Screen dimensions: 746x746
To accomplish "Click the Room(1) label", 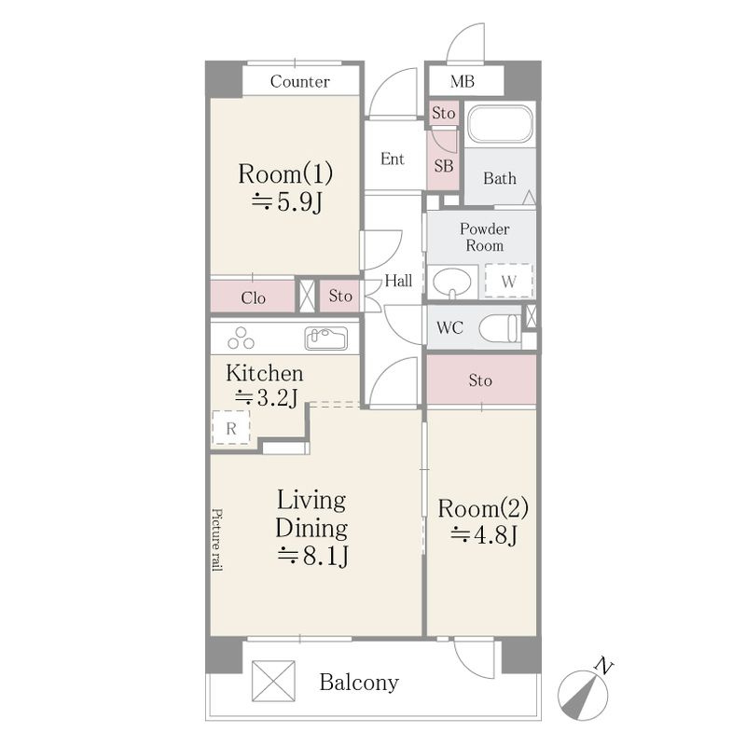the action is (285, 173).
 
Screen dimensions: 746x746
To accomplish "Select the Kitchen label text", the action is (265, 373).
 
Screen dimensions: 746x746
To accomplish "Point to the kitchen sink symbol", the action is (325, 338).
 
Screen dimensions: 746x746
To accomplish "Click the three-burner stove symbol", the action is (241, 338).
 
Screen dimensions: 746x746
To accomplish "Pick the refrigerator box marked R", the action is (230, 428).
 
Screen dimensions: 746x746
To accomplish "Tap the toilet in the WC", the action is (500, 328).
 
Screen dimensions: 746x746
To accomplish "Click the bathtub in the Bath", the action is (500, 124).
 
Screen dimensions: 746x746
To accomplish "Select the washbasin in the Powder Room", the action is (451, 283).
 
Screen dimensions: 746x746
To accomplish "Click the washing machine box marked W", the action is (508, 281).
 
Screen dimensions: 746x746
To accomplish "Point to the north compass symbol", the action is (584, 694).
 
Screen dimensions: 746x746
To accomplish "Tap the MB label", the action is (462, 81).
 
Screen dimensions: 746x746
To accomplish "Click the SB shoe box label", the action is (444, 166).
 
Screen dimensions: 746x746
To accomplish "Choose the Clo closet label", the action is (253, 297).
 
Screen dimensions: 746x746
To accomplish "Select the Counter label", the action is (299, 81).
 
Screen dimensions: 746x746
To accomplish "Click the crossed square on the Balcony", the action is (273, 681).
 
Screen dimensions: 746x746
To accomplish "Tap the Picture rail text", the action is (217, 540).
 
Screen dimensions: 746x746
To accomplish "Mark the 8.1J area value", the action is (313, 554).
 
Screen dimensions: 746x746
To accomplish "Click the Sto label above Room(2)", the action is (480, 380).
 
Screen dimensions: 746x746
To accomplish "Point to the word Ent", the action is (393, 159).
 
